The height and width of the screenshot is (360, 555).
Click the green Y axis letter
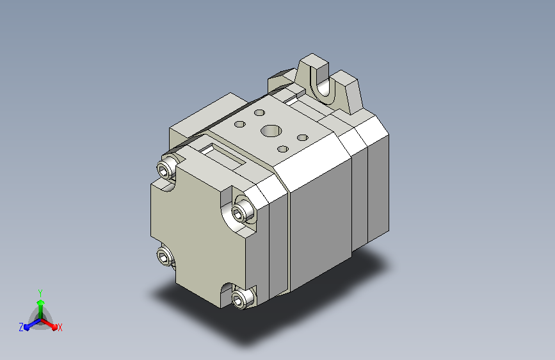(x=40, y=293)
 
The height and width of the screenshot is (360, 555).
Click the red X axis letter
(x=60, y=328)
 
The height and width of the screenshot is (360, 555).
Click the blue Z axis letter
(x=21, y=327)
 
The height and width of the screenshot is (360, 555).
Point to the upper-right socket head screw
(x=244, y=211)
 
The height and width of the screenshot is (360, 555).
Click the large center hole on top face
(x=271, y=131)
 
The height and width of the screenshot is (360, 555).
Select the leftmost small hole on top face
(x=240, y=124)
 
